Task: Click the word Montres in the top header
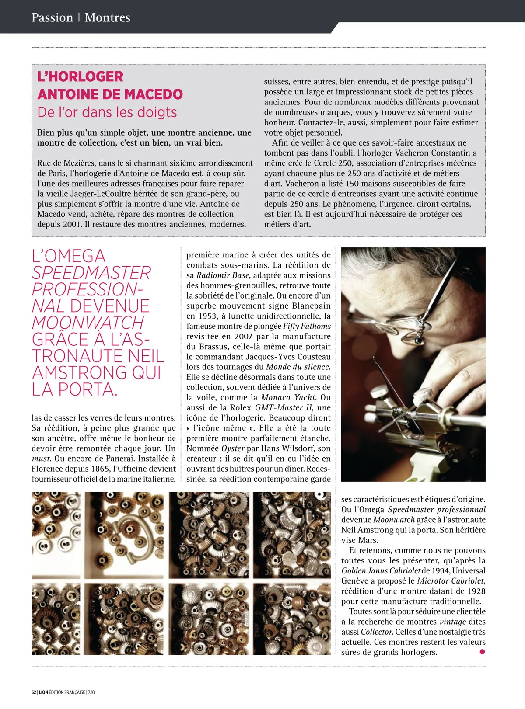107,17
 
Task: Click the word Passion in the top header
52,17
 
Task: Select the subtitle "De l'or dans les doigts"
107,112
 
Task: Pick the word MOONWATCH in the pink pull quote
88,323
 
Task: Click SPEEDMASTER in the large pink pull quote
91,273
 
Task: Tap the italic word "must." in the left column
42,459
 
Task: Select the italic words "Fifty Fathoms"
307,326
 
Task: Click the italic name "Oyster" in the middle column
233,448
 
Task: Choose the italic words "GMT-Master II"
284,407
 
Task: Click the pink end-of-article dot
482,652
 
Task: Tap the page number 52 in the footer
34,692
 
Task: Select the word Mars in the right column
367,540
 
